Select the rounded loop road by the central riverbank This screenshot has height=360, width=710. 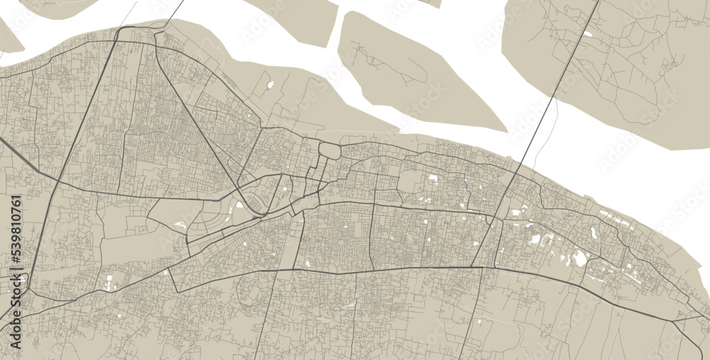330,150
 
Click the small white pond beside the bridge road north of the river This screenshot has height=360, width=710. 587,33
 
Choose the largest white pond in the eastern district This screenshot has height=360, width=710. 580,258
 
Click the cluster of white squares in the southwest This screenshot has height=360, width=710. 110,282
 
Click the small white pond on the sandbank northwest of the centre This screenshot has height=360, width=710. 270,85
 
